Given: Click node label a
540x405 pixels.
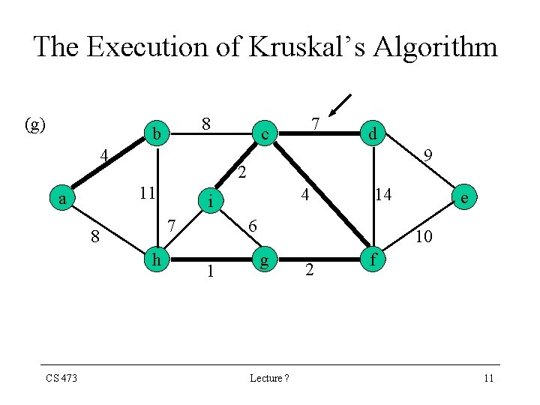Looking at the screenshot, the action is (x=64, y=199).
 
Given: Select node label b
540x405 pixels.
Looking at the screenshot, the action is (x=157, y=134).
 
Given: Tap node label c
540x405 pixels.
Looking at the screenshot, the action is (x=263, y=134).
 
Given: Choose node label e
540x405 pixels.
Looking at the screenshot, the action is (x=466, y=198).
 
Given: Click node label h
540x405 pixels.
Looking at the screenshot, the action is (x=157, y=259).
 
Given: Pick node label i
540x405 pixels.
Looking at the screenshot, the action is (x=212, y=201).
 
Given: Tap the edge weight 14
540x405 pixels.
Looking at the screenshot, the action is (x=383, y=195).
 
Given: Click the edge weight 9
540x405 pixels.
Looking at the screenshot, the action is (x=427, y=157).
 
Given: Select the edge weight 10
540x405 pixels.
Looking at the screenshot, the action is (x=424, y=237).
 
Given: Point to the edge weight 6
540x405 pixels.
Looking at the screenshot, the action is (x=253, y=226).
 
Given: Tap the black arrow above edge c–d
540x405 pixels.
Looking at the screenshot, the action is (x=340, y=106).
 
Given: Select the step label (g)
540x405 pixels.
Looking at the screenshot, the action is (x=35, y=124).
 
